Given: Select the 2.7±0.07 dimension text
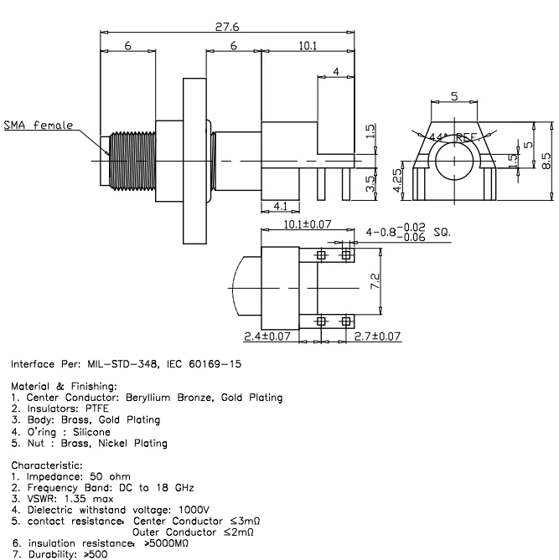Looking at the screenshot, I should pyautogui.click(x=375, y=337).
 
